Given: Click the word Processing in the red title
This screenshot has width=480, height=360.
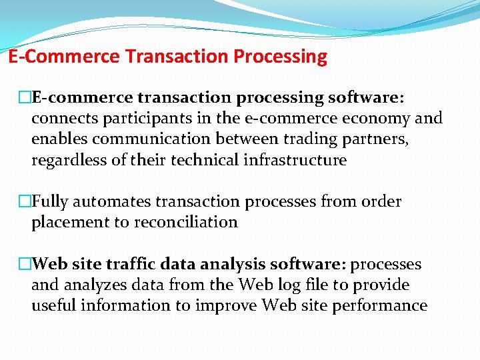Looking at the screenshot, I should tap(280, 57).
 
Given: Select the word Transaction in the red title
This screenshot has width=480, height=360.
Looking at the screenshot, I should tap(177, 57).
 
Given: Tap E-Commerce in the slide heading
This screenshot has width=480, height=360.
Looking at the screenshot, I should tap(64, 57).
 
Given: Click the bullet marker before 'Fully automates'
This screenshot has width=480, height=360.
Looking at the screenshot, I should tap(25, 202).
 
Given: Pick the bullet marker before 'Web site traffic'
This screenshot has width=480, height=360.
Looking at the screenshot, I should tap(25, 265).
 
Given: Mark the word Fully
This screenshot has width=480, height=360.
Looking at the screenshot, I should tap(51, 202).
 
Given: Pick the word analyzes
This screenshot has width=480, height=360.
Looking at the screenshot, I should tap(98, 285).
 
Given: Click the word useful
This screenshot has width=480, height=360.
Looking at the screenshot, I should tap(51, 306).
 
